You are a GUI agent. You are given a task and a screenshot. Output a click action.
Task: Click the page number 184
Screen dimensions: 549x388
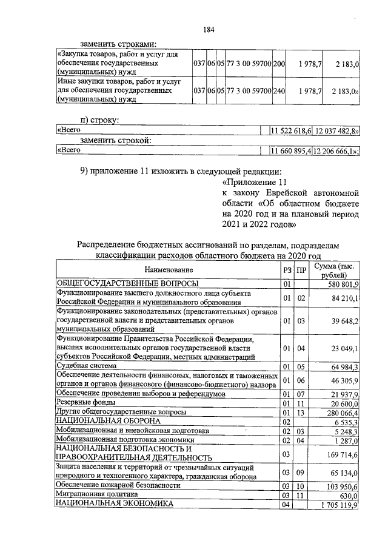click(209, 30)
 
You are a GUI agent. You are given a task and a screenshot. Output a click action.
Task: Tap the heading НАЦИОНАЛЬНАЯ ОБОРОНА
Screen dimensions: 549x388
click(109, 420)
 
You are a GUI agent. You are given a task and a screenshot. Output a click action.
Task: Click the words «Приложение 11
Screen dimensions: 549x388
click(253, 182)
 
